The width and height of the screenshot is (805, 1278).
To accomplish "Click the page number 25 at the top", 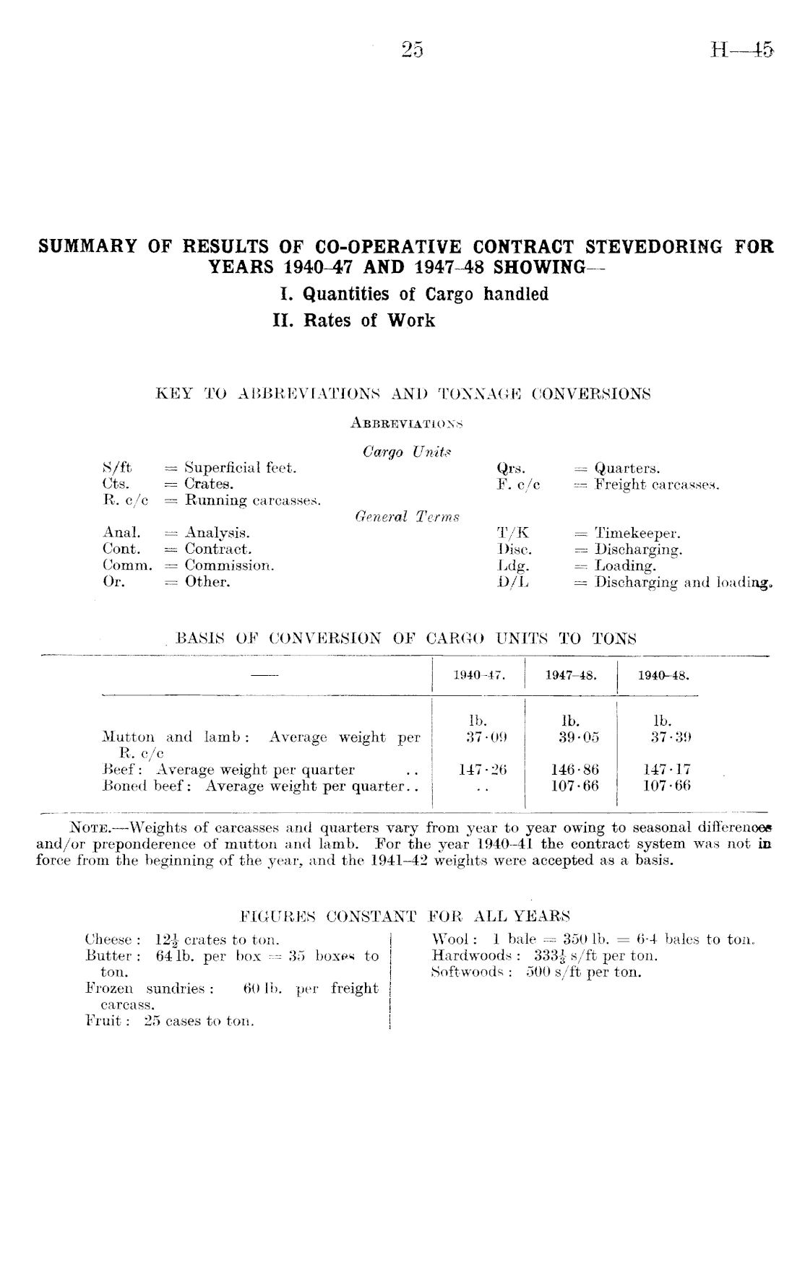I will point(412,50).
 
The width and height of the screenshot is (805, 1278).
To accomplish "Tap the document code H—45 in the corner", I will point(741,51).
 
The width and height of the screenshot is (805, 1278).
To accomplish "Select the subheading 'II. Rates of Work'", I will point(354,321).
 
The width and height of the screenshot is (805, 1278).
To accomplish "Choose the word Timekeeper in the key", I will point(637,533).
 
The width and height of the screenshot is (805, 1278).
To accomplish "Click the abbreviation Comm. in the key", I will point(128,565).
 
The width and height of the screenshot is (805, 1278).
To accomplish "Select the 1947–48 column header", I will point(571,677).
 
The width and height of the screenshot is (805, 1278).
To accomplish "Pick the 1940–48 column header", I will point(663,677).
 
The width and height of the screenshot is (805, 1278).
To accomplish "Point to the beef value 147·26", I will point(482,770).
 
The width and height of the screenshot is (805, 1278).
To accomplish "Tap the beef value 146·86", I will point(574,770).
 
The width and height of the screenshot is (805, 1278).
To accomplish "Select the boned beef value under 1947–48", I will point(574,786).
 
